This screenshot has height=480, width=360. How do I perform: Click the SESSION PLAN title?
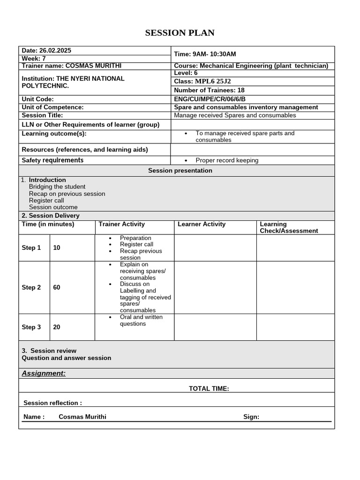pyautogui.click(x=180, y=33)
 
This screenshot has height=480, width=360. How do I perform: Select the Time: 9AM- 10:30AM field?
pyautogui.click(x=205, y=54)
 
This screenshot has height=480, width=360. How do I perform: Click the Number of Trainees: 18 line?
pyautogui.click(x=209, y=90)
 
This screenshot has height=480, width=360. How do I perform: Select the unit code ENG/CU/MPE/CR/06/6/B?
pyautogui.click(x=210, y=99)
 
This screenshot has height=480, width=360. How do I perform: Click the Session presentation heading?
pyautogui.click(x=180, y=171)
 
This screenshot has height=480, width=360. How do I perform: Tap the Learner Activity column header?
pyautogui.click(x=202, y=225)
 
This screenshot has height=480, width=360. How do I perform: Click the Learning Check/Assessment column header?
pyautogui.click(x=289, y=227)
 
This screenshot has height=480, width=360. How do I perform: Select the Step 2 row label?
pyautogui.click(x=31, y=287)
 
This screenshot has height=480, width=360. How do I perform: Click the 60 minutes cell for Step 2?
pyautogui.click(x=57, y=287)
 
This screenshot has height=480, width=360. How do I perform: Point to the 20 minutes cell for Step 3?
pyautogui.click(x=57, y=327)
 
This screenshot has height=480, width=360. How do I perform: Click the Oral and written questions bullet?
pyautogui.click(x=141, y=321)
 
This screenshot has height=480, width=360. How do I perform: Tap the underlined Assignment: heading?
pyautogui.click(x=44, y=373)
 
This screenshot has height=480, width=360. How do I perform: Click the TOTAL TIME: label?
pyautogui.click(x=209, y=389)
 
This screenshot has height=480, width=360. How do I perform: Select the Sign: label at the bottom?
pyautogui.click(x=251, y=417)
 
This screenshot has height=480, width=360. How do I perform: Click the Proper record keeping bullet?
pyautogui.click(x=227, y=160)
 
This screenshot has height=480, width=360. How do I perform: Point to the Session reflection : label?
pyautogui.click(x=52, y=403)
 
